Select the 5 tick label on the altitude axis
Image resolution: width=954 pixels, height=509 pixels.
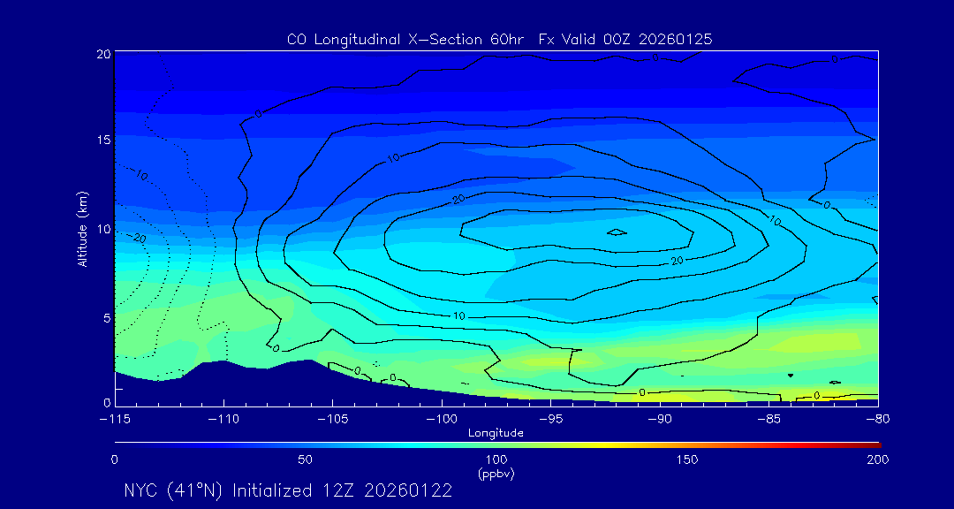(x=108, y=316)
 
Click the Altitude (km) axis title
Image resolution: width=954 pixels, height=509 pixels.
(x=82, y=229)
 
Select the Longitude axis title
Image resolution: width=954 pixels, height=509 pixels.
(x=496, y=433)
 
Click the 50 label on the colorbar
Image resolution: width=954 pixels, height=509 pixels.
(x=305, y=460)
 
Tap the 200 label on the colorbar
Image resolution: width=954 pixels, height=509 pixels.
(x=877, y=460)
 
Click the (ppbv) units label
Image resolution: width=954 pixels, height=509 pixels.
(x=496, y=474)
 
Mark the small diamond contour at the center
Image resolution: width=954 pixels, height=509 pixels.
(x=617, y=232)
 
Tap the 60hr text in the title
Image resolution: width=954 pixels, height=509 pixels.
(x=510, y=40)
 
